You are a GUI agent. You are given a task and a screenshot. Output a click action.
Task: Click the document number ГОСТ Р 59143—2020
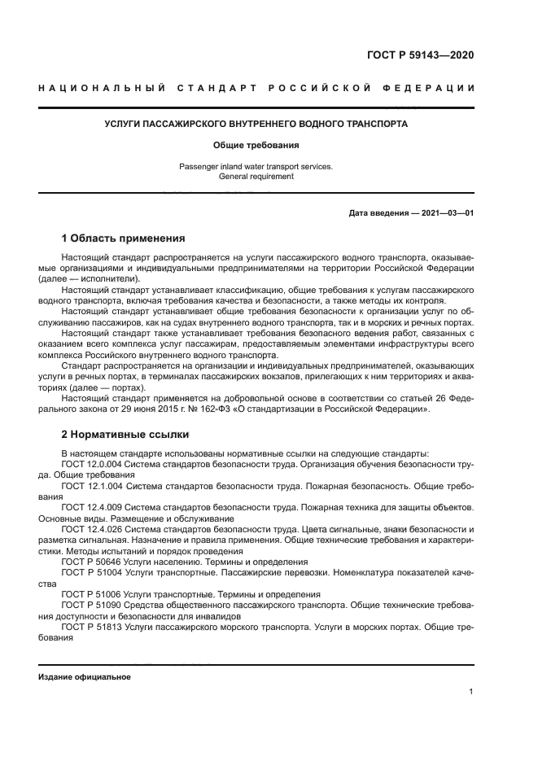(418, 55)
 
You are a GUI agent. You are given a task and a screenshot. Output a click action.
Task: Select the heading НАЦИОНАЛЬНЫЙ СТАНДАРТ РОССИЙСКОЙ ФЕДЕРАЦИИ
(256, 88)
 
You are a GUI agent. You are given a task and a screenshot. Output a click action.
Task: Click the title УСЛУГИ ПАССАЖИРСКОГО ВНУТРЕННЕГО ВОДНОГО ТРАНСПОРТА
(256, 125)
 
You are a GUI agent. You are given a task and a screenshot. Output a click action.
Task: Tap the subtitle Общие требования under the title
(256, 146)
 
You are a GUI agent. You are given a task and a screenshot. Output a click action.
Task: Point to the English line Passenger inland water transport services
(256, 166)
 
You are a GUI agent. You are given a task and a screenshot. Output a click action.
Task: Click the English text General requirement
(256, 177)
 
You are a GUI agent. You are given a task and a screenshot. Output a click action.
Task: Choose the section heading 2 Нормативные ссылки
(125, 435)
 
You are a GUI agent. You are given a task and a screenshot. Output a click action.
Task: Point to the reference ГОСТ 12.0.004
(92, 464)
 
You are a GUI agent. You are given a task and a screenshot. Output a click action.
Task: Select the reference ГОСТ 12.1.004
(92, 485)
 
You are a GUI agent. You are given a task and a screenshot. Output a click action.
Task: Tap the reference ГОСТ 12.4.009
(92, 506)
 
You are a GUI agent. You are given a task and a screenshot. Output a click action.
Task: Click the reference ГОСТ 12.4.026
(92, 528)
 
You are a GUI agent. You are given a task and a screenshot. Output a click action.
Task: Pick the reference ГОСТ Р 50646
(90, 562)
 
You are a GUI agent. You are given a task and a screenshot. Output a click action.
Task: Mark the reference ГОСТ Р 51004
(90, 572)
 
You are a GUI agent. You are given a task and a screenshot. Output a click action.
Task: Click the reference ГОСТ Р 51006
(90, 594)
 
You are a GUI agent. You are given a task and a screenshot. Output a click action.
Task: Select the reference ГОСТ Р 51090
(90, 605)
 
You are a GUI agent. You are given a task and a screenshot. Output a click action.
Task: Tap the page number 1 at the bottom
(471, 692)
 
